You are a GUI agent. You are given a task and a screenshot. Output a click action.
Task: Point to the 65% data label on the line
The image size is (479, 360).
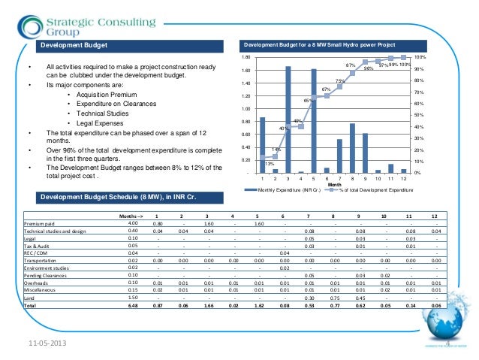307,100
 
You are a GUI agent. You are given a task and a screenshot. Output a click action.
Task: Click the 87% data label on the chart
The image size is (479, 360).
350,66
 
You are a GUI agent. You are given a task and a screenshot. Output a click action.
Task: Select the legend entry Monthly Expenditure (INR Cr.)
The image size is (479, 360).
285,191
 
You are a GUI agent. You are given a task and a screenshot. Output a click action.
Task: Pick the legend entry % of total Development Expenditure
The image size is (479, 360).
360,191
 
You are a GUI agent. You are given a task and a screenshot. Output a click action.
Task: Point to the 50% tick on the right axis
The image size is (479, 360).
419,115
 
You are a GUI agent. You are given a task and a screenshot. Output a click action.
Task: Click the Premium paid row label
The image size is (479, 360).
40,223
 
